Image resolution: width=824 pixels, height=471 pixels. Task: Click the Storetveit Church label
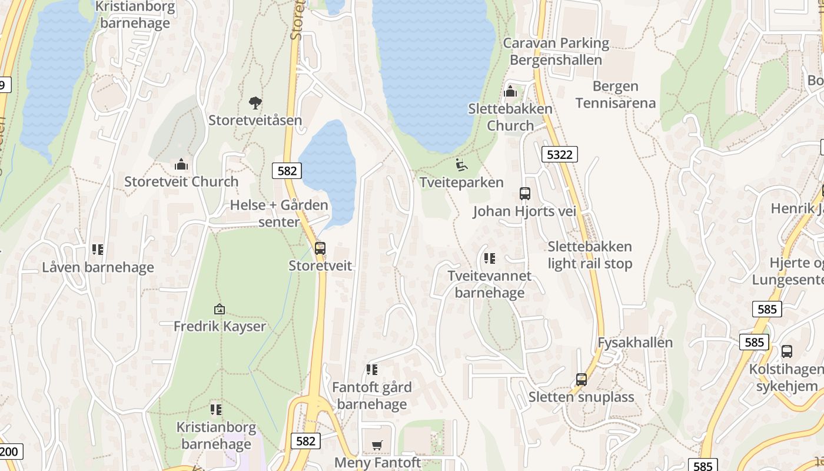pyautogui.click(x=181, y=181)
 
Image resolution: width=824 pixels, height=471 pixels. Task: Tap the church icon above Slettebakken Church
pyautogui.click(x=510, y=91)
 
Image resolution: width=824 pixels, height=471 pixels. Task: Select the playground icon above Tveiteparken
pyautogui.click(x=461, y=164)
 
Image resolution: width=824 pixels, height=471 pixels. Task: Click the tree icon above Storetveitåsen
pyautogui.click(x=255, y=103)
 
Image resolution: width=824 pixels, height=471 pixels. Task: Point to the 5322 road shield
pyautogui.click(x=559, y=154)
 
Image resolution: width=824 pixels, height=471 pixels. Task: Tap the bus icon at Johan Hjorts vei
pyautogui.click(x=524, y=193)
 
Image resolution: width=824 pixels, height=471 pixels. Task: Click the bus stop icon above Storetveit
pyautogui.click(x=320, y=248)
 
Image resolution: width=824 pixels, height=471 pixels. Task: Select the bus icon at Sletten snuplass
pyautogui.click(x=582, y=379)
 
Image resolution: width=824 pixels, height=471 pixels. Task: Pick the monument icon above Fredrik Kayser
pyautogui.click(x=220, y=309)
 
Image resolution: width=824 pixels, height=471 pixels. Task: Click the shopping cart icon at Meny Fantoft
pyautogui.click(x=377, y=445)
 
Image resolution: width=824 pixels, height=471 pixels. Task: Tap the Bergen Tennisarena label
pyautogui.click(x=616, y=95)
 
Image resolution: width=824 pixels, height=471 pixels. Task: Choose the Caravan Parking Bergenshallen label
pyautogui.click(x=556, y=51)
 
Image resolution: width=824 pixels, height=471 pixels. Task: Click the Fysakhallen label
pyautogui.click(x=635, y=343)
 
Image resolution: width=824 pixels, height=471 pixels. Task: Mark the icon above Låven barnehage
pyautogui.click(x=98, y=250)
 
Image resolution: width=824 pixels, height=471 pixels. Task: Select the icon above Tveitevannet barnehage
pyautogui.click(x=489, y=258)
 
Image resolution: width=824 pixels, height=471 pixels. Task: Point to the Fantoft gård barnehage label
pyautogui.click(x=372, y=396)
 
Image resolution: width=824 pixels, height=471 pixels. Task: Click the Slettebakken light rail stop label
pyautogui.click(x=590, y=255)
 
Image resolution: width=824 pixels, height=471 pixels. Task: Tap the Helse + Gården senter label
pyautogui.click(x=279, y=213)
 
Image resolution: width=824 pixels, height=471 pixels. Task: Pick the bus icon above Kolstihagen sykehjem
pyautogui.click(x=787, y=351)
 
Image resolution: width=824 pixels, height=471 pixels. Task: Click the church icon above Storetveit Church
pyautogui.click(x=181, y=164)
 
